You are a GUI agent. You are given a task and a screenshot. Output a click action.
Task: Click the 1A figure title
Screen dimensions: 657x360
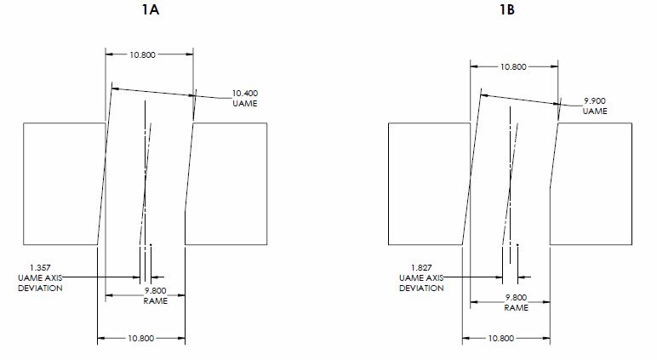pos(150,9)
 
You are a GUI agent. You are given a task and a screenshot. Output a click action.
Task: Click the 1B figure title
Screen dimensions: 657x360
pos(507,9)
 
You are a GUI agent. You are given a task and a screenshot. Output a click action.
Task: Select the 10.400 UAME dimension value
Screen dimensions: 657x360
pos(245,93)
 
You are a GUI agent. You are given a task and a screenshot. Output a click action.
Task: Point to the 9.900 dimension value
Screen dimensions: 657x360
pos(595,100)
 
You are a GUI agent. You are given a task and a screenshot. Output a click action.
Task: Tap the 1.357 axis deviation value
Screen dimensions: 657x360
pos(40,267)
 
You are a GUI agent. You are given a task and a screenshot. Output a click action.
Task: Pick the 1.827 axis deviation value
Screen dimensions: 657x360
pos(421,267)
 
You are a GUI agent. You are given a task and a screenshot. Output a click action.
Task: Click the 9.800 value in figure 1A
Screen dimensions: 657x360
pos(156,290)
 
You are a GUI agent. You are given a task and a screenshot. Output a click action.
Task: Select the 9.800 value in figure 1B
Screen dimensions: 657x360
pos(516,298)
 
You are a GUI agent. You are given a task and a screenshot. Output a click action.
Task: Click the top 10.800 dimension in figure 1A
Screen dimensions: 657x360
pos(142,54)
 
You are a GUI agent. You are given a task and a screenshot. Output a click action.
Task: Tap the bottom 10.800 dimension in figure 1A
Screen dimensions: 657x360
pos(140,338)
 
